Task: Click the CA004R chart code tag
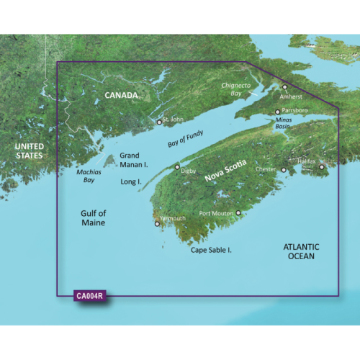click(x=88, y=295)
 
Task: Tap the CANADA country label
click(x=122, y=95)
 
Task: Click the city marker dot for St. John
click(x=160, y=122)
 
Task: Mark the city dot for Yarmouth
click(x=157, y=224)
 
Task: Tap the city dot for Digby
click(x=178, y=167)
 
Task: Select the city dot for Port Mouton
click(x=238, y=212)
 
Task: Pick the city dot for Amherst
click(x=284, y=87)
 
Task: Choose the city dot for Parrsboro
click(x=277, y=112)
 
